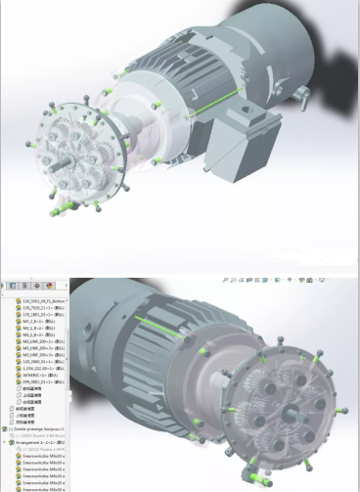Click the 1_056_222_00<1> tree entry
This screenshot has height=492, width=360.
pyautogui.click(x=37, y=366)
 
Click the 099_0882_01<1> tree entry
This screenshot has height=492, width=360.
pyautogui.click(x=36, y=381)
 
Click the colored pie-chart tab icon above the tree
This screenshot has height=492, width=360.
pyautogui.click(x=49, y=285)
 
